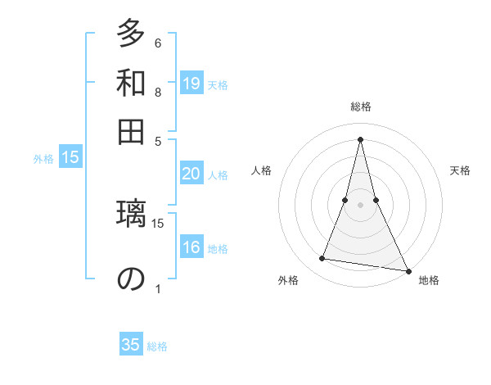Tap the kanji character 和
pyautogui.click(x=130, y=83)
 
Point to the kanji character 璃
pyautogui.click(x=130, y=220)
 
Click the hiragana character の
pyautogui.click(x=130, y=279)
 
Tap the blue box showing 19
pyautogui.click(x=191, y=83)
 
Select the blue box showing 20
pyautogui.click(x=191, y=174)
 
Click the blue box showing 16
pyautogui.click(x=191, y=248)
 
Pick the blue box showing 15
pyautogui.click(x=70, y=158)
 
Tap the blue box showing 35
pyautogui.click(x=131, y=345)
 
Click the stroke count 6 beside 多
pyautogui.click(x=158, y=43)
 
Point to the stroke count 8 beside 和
pyautogui.click(x=158, y=93)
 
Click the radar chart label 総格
pyautogui.click(x=360, y=106)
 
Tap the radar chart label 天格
pyautogui.click(x=461, y=170)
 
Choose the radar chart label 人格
pyautogui.click(x=261, y=170)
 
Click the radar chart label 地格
pyautogui.click(x=429, y=280)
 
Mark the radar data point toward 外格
pyautogui.click(x=322, y=259)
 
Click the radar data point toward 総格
pyautogui.click(x=360, y=138)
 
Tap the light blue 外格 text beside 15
pyautogui.click(x=43, y=159)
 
